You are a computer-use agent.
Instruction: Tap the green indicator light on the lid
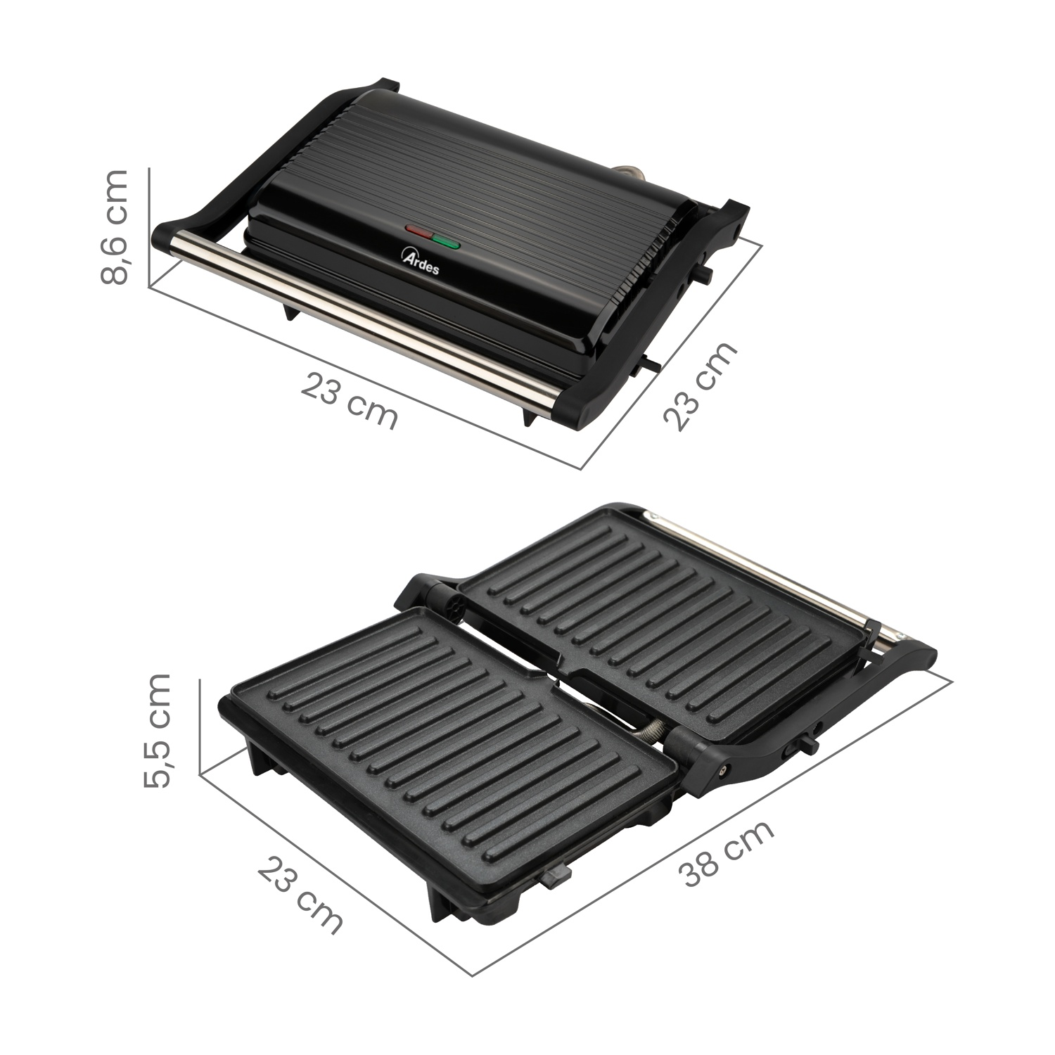(445, 243)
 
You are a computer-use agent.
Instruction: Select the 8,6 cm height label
(115, 226)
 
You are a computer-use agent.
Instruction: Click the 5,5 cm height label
(157, 730)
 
